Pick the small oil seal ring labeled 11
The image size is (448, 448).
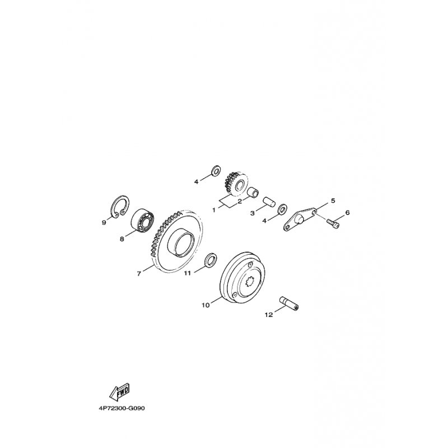(211, 259)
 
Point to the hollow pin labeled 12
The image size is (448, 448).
(288, 304)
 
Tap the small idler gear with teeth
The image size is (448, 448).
(236, 184)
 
